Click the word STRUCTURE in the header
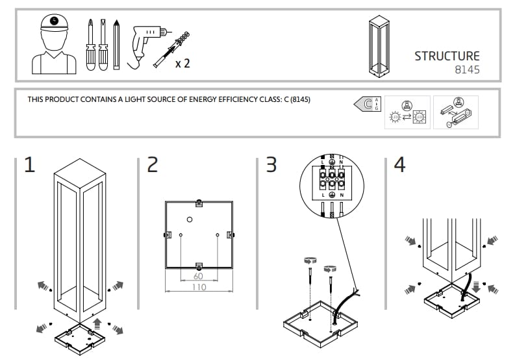pos(447,56)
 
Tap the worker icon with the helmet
pos(54,44)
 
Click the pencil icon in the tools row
pos(116,44)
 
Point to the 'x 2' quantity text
pos(182,64)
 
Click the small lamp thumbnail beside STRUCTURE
pos(379,44)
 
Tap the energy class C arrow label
pos(366,104)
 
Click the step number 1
pos(29,165)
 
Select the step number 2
pos(152,165)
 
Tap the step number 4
pos(399,165)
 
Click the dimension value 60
pos(199,277)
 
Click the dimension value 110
pos(199,287)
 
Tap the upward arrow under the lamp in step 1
pos(97,323)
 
